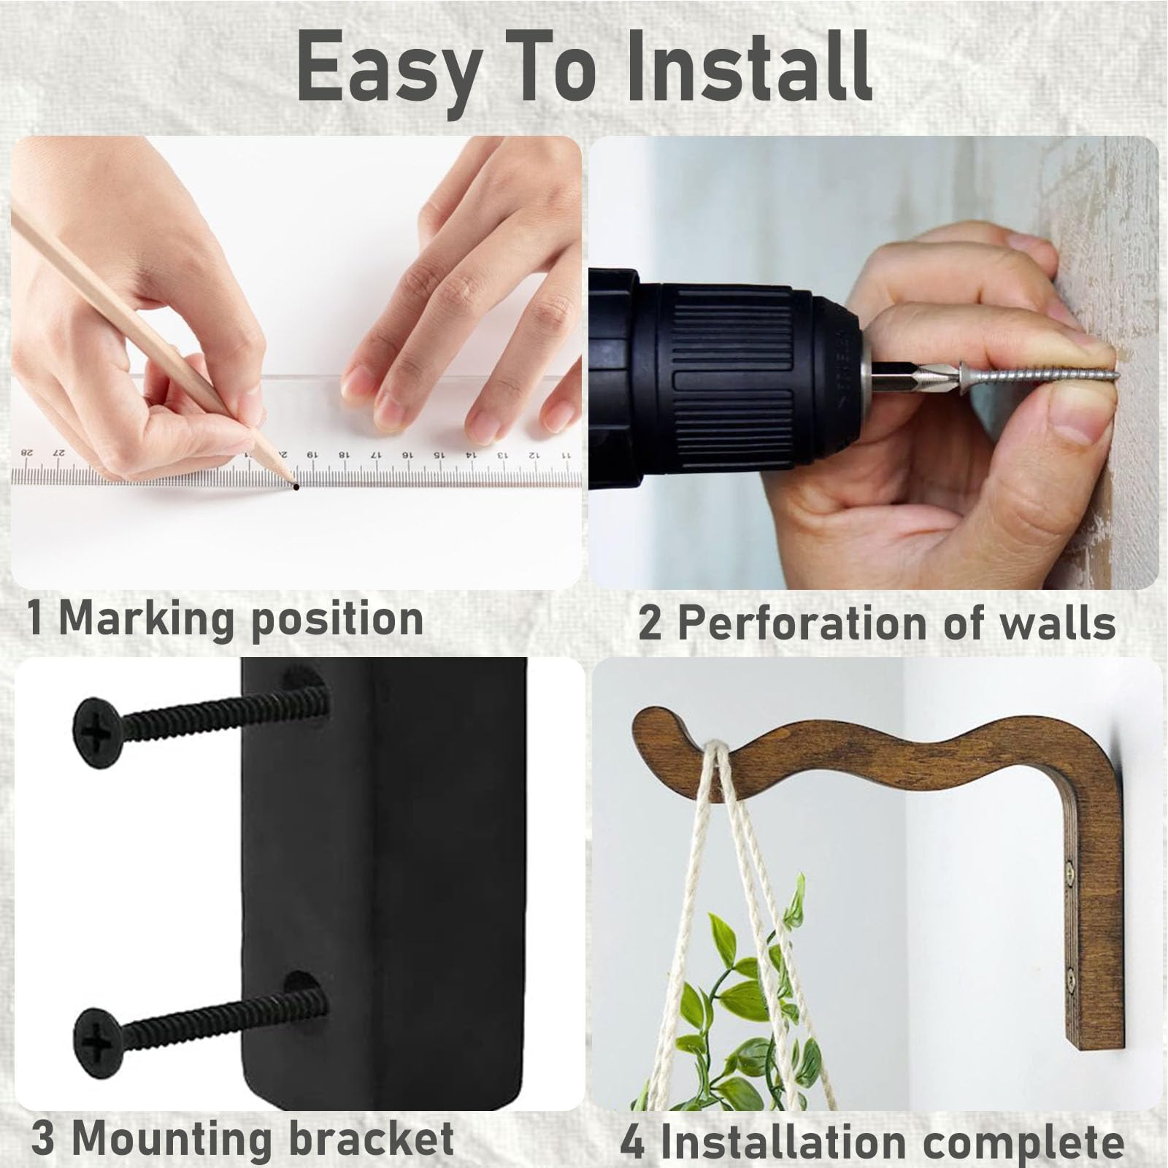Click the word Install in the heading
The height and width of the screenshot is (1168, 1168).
pos(750,68)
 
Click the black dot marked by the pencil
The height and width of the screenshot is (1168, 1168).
pos(296,487)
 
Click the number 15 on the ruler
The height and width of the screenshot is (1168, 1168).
pos(438,454)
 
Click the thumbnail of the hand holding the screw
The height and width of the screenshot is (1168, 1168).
pos(874,363)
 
